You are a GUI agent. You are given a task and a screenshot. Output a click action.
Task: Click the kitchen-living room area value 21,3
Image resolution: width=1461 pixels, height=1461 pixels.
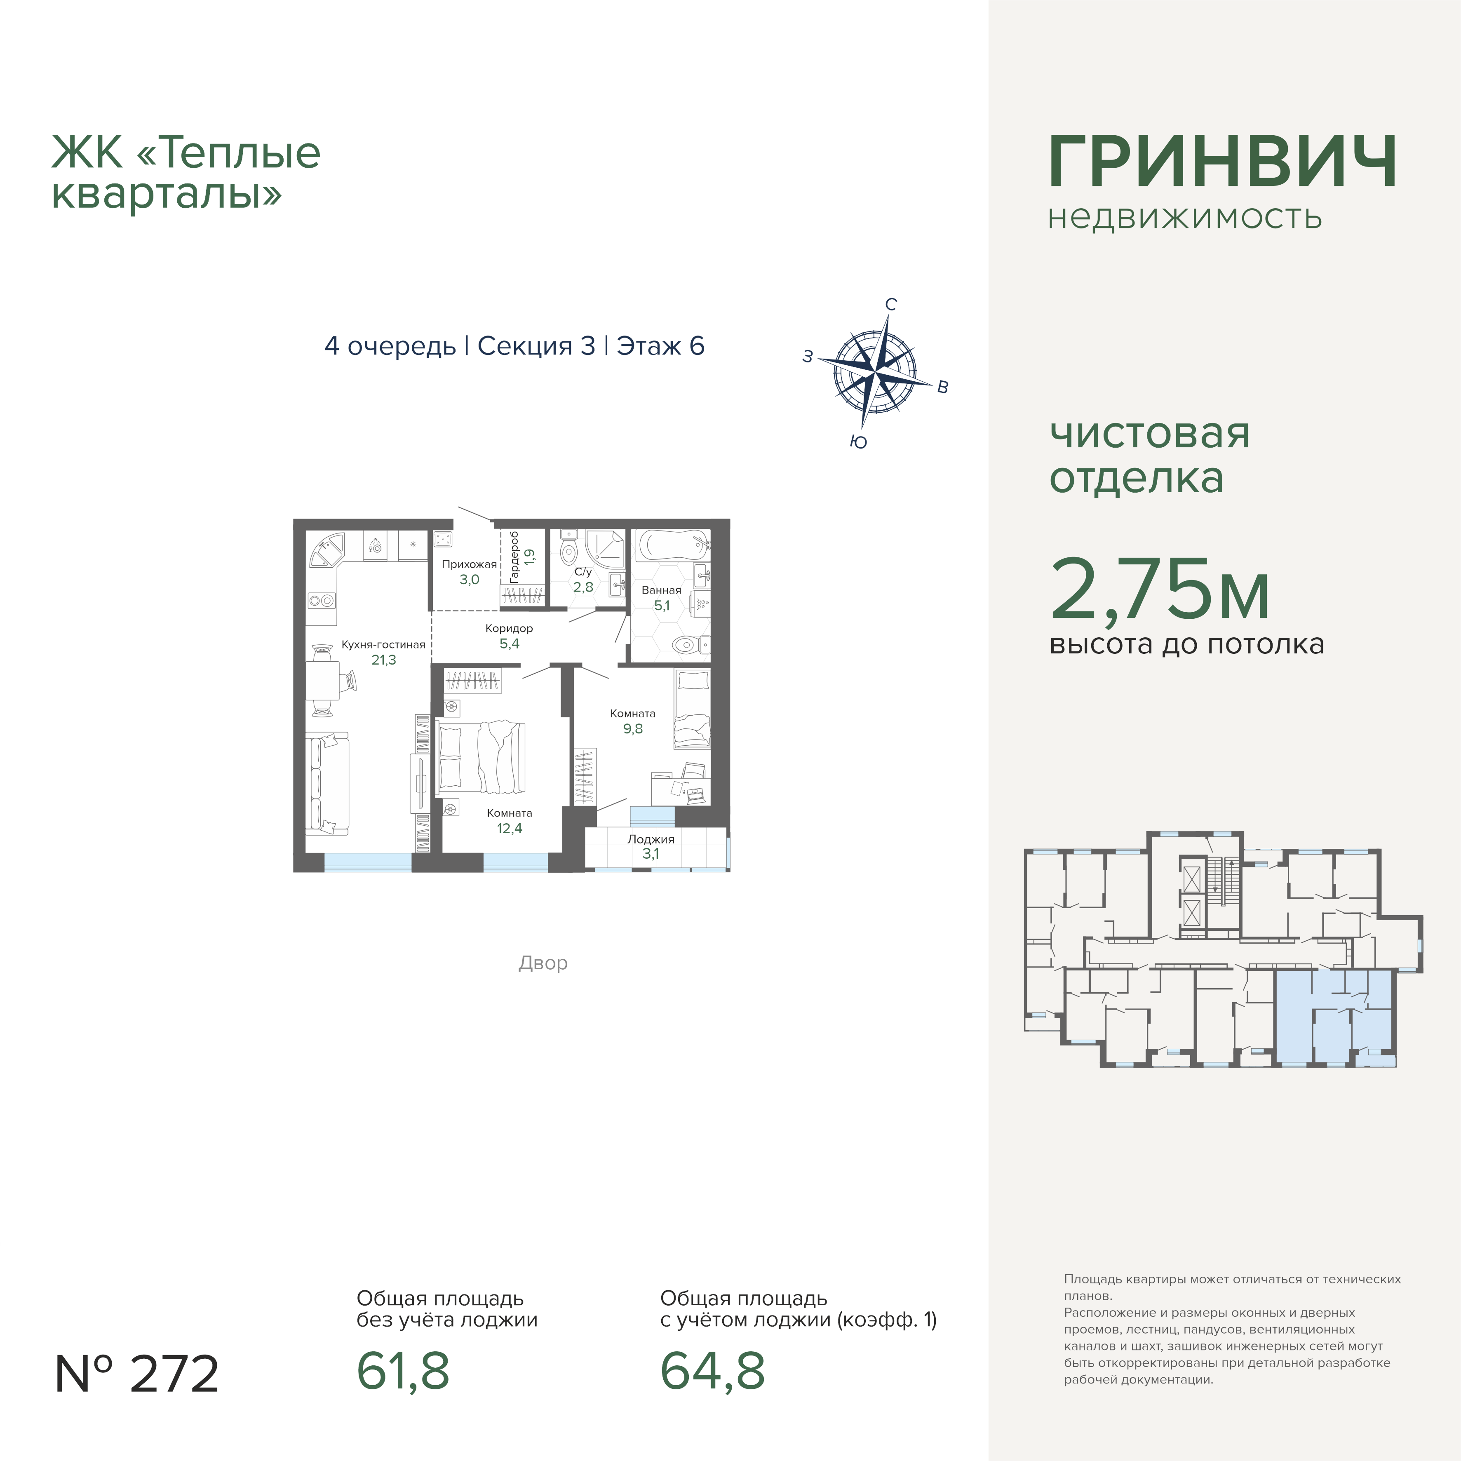[x=383, y=660]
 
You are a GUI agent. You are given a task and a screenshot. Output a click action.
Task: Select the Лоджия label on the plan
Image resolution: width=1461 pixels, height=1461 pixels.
[x=651, y=839]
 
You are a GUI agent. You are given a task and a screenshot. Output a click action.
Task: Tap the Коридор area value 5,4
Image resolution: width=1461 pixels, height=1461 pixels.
[x=510, y=644]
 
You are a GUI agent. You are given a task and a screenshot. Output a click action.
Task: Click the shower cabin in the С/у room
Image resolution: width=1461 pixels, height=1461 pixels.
[x=604, y=548]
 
